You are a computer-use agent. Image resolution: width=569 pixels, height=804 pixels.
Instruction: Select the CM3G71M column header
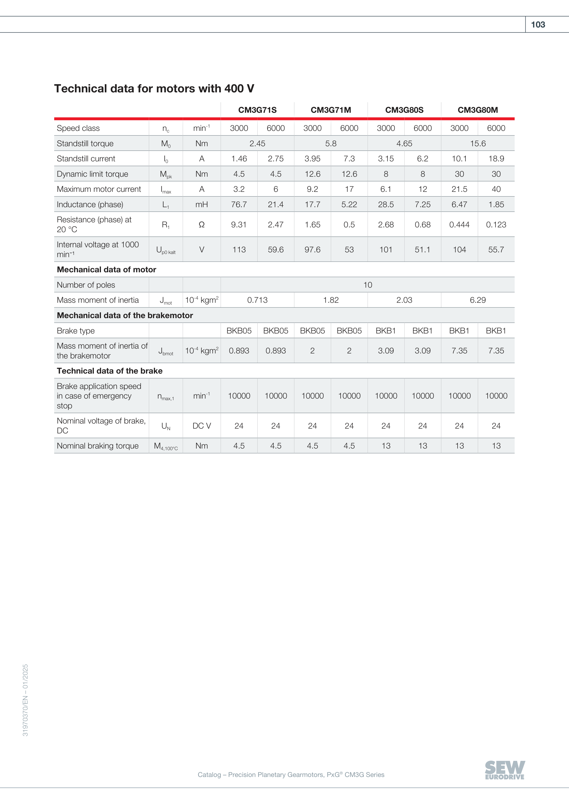pyautogui.click(x=331, y=110)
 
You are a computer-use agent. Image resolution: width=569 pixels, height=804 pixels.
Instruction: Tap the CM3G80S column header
pyautogui.click(x=404, y=110)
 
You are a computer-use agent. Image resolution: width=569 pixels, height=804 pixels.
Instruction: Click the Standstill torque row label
pyautogui.click(x=85, y=143)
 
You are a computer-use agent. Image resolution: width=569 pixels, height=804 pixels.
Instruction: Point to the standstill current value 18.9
pyautogui.click(x=496, y=159)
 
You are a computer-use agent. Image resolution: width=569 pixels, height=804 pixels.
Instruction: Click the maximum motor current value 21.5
pyautogui.click(x=459, y=189)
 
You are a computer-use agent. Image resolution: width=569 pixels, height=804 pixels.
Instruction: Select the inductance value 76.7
pyautogui.click(x=239, y=204)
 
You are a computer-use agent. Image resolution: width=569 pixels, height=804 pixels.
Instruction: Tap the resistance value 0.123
pyautogui.click(x=496, y=224)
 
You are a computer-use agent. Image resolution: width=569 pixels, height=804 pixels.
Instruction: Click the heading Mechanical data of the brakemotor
pyautogui.click(x=125, y=316)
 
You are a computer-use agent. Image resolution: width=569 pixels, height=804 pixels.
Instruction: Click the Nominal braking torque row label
pyautogui.click(x=98, y=446)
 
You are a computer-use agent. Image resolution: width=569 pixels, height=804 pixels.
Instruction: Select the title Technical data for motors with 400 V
pyautogui.click(x=154, y=89)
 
